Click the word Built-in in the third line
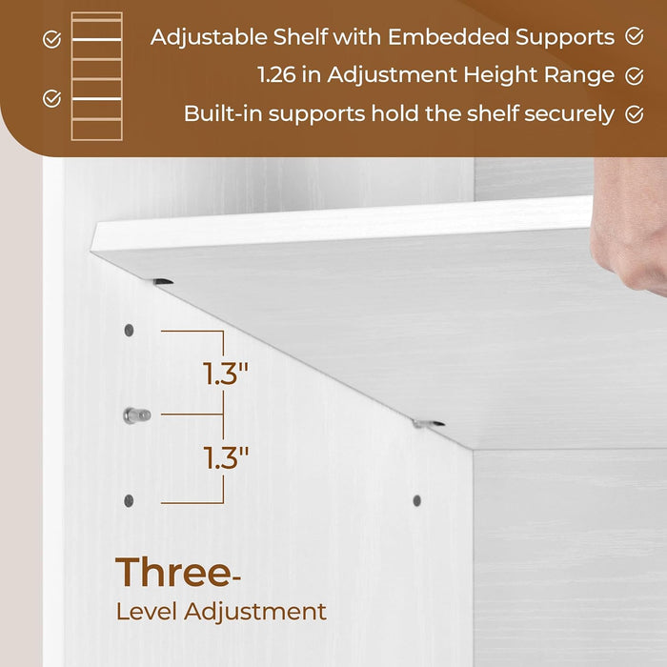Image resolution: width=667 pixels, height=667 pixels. click(x=221, y=113)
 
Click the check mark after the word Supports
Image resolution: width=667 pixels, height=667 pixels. click(x=635, y=36)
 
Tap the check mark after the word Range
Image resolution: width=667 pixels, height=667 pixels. click(x=635, y=74)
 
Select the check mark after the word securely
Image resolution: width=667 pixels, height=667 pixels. click(x=635, y=113)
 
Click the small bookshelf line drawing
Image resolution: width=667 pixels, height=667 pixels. click(x=97, y=75)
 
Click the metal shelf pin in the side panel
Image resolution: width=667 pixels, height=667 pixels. click(x=136, y=414)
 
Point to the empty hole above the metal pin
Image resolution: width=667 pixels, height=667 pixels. click(x=129, y=330)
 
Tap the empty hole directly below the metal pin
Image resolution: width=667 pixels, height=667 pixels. click(x=129, y=500)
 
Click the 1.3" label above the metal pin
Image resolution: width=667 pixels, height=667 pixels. click(x=226, y=373)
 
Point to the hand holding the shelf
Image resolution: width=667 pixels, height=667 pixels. click(x=630, y=224)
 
